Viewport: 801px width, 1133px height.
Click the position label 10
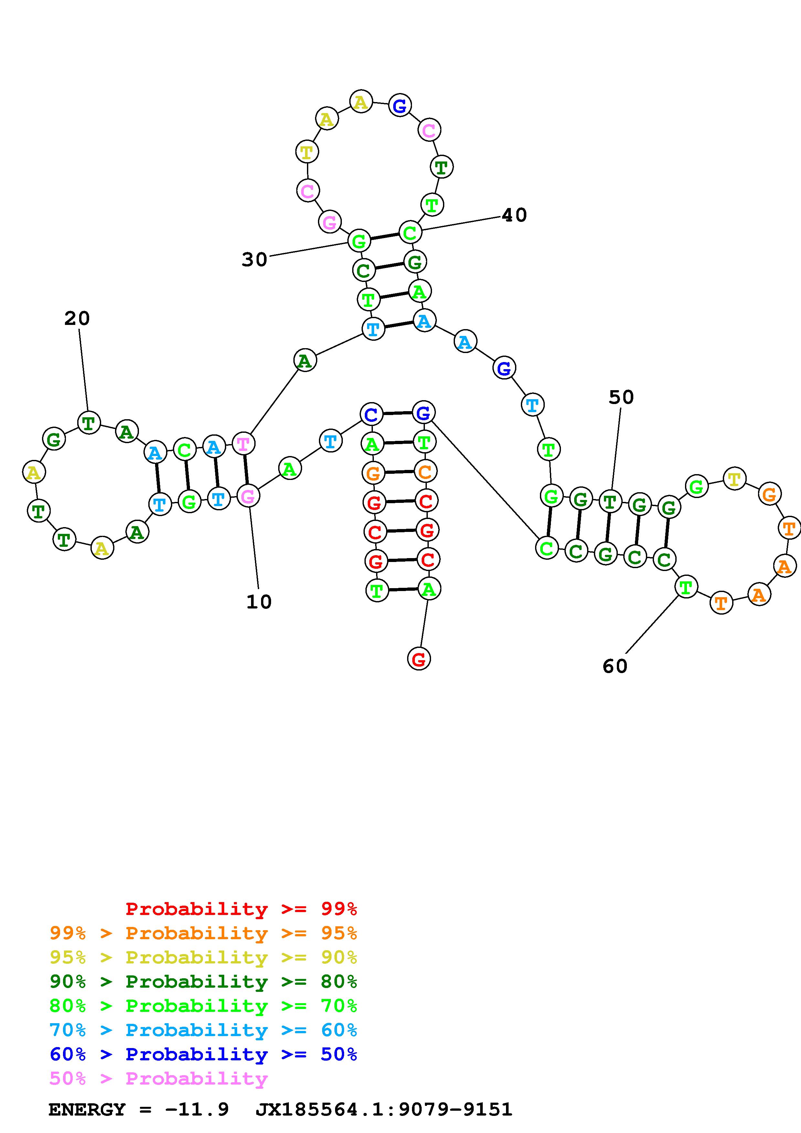[258, 602]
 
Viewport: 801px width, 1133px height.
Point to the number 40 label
[514, 215]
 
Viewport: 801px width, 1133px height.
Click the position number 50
[621, 397]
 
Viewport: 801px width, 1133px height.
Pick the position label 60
[615, 666]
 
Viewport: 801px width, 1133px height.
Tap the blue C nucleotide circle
[372, 414]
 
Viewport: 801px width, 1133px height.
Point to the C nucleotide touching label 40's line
[410, 233]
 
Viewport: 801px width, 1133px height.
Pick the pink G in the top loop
[330, 222]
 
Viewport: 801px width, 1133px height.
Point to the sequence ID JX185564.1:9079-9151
[384, 1110]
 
